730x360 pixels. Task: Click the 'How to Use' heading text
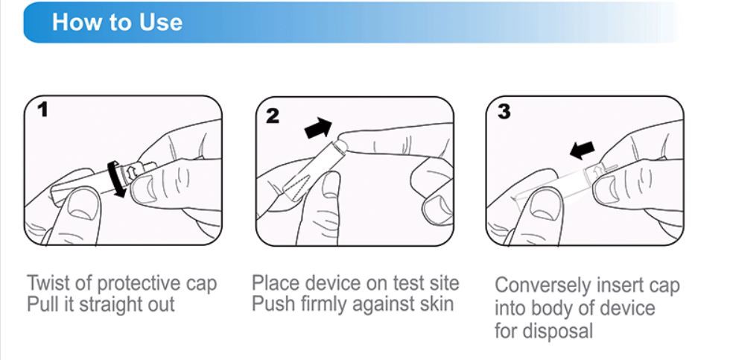(117, 22)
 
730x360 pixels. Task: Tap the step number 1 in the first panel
(43, 110)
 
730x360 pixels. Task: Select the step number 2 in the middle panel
(273, 114)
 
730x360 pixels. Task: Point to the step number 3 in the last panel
(504, 111)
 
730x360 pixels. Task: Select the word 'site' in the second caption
(442, 283)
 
